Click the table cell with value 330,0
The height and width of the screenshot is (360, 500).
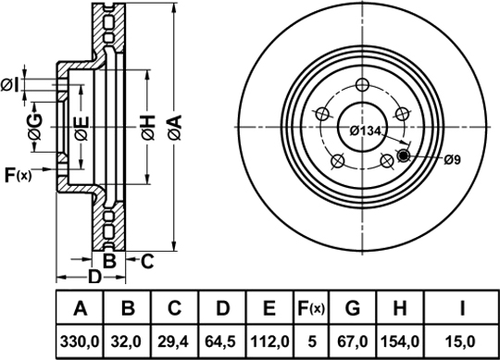tap(80, 341)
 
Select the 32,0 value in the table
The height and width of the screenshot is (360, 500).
tap(127, 341)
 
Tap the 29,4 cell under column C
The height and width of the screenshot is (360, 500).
tap(174, 341)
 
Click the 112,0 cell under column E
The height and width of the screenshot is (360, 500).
tap(269, 341)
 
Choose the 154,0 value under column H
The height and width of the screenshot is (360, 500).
tap(400, 341)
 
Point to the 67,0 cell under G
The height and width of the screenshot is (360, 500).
tap(353, 341)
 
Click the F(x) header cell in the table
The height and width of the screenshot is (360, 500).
tap(311, 308)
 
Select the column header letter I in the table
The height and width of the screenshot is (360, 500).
tap(462, 308)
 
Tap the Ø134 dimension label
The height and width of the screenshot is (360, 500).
tap(366, 130)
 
